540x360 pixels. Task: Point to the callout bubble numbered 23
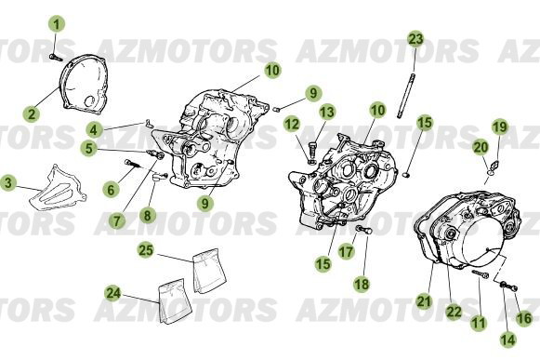[x=415, y=38]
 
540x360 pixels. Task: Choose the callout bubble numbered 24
[x=113, y=293]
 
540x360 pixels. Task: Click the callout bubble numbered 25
[x=146, y=249]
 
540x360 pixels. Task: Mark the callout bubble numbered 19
[x=499, y=127]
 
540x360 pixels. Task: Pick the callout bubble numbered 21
[x=424, y=300]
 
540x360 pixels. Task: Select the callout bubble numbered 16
[x=523, y=318]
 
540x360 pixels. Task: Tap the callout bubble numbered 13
[x=327, y=113]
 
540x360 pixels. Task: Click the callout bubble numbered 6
[x=111, y=189]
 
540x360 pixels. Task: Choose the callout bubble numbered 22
[x=454, y=311]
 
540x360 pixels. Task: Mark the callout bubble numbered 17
[x=345, y=251]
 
